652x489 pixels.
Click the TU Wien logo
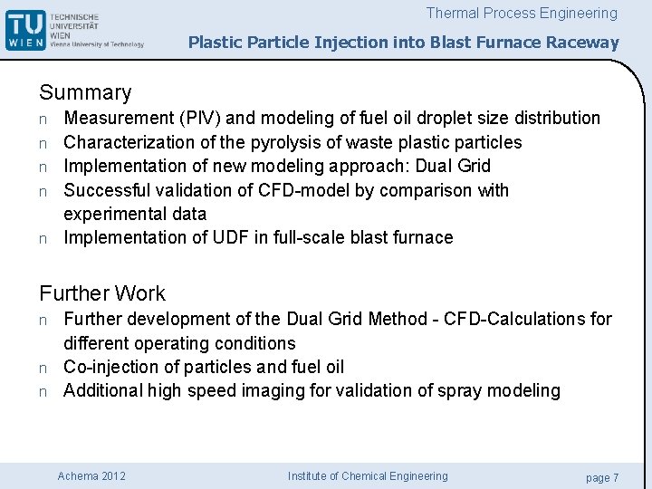[x=74, y=30]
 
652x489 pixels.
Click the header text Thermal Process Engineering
[x=522, y=14]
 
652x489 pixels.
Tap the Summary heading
[x=85, y=92]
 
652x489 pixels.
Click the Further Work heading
[x=102, y=293]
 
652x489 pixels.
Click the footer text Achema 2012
[x=91, y=476]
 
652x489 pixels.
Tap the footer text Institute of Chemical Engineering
[x=368, y=476]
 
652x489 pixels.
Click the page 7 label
[x=602, y=477]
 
